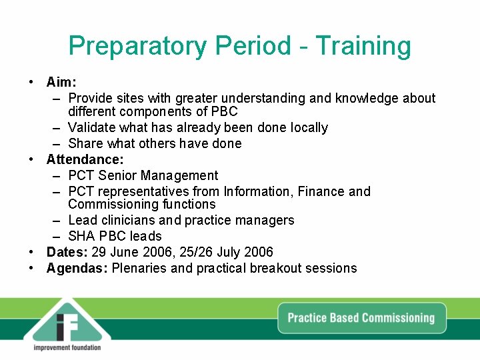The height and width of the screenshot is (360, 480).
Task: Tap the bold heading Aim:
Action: click(x=61, y=82)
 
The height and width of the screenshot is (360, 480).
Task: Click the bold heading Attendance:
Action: click(x=85, y=159)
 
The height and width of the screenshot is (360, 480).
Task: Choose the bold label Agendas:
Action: click(x=77, y=268)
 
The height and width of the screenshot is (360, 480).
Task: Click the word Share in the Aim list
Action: click(x=85, y=143)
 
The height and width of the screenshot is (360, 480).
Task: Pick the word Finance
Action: click(x=322, y=191)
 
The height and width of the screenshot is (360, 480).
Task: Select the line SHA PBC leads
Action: click(x=115, y=236)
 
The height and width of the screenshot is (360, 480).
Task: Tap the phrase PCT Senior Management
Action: click(x=143, y=175)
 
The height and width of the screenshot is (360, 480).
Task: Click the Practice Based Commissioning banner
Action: click(x=361, y=317)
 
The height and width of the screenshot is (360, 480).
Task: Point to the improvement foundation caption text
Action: click(x=67, y=347)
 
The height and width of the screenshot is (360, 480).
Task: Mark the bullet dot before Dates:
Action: click(x=32, y=252)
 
